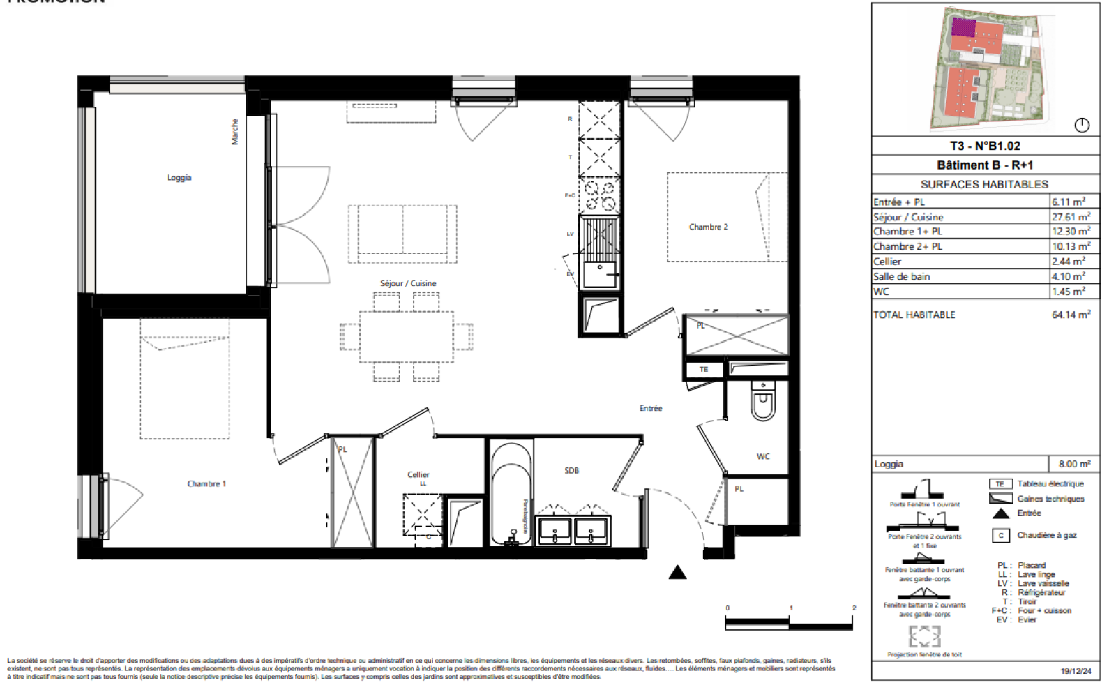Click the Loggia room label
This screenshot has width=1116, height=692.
click(179, 178)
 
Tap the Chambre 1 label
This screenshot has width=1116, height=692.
click(206, 483)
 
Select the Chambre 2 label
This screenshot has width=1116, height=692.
click(708, 227)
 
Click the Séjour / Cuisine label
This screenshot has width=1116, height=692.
click(408, 283)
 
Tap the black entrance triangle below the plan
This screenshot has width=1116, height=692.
click(677, 573)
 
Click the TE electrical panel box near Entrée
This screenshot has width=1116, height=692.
click(704, 369)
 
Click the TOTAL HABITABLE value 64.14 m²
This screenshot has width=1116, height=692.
click(1071, 315)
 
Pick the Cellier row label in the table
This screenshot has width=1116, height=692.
click(887, 262)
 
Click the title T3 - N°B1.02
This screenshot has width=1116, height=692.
click(985, 146)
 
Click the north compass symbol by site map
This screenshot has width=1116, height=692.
click(1082, 125)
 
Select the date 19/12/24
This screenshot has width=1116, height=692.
click(1076, 670)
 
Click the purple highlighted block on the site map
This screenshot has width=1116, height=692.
click(963, 27)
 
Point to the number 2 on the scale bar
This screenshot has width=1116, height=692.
click(854, 608)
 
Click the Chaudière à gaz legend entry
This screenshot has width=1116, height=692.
click(1046, 535)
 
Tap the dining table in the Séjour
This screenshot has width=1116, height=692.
click(406, 336)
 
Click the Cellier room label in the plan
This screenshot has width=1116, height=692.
click(418, 474)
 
